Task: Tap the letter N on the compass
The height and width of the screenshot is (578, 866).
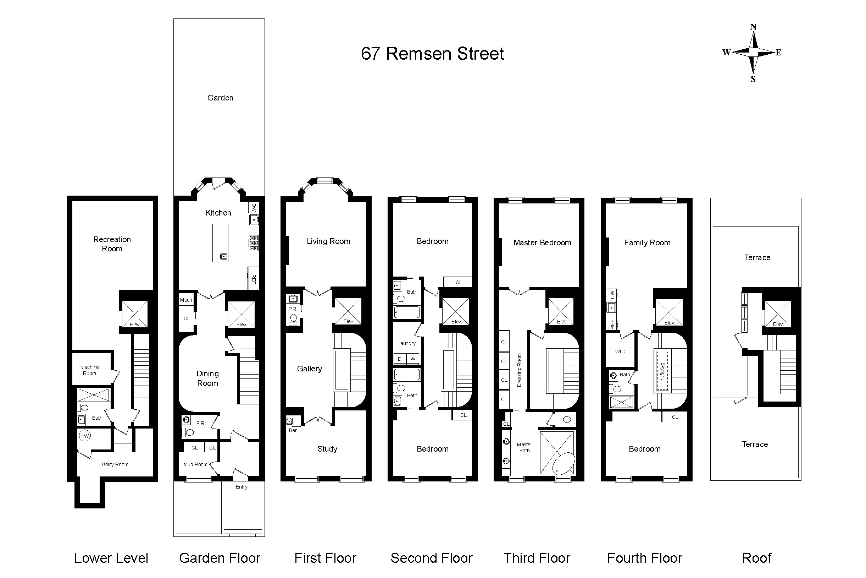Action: (x=753, y=27)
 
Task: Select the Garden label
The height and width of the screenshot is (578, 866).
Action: (x=220, y=98)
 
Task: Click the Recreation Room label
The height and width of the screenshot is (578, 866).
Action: (x=112, y=244)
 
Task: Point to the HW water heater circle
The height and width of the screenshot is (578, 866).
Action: (x=85, y=436)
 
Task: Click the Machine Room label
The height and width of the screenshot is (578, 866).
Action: (x=89, y=370)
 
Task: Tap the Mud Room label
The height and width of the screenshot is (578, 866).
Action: (x=195, y=464)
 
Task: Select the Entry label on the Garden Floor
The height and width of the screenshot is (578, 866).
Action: (x=242, y=487)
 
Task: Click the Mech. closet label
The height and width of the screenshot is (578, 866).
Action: (x=186, y=300)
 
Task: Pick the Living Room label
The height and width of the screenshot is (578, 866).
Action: (x=328, y=241)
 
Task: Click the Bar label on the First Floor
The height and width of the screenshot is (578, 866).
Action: (x=293, y=430)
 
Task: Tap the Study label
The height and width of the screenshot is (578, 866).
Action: (x=327, y=449)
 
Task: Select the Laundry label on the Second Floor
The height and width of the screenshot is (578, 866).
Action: (x=406, y=343)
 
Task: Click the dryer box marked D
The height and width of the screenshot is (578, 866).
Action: (x=400, y=359)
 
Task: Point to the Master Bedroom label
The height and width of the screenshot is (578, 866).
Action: (x=542, y=242)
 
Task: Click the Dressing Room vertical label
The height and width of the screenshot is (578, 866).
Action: (x=519, y=370)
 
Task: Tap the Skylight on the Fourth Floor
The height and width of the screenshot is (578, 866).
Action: (x=662, y=370)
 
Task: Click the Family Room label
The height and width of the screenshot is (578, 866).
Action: (x=647, y=242)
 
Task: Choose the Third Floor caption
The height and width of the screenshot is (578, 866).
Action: (x=537, y=558)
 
